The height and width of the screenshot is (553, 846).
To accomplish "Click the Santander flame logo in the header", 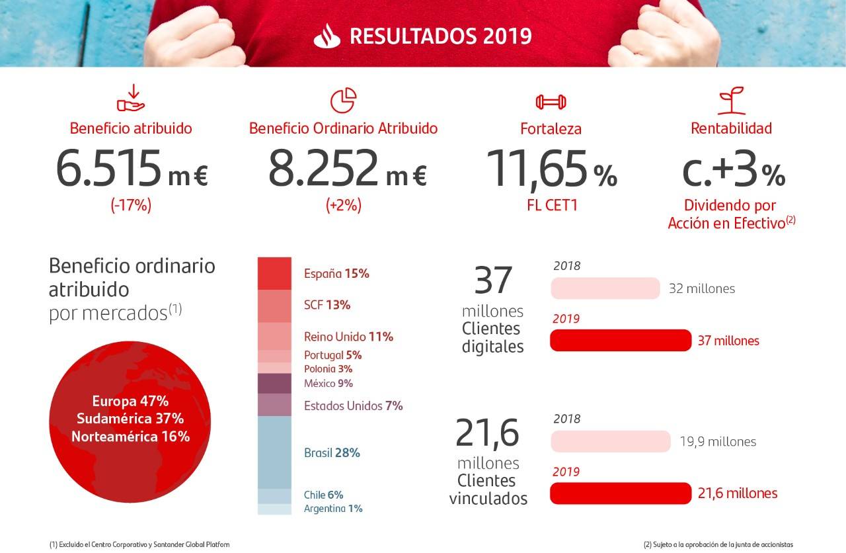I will tap(327, 36).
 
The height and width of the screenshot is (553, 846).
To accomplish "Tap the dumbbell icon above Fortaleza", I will tap(551, 102).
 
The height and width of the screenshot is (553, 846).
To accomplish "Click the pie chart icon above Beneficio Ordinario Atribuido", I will tap(343, 101).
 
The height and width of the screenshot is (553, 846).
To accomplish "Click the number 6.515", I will tap(108, 168).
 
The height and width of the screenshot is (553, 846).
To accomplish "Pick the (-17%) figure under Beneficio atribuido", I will tap(131, 206).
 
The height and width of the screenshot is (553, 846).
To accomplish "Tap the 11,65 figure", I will tap(536, 168).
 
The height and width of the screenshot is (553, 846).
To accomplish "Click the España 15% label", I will tap(336, 273).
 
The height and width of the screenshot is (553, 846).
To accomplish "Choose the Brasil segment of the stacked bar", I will tap(274, 452).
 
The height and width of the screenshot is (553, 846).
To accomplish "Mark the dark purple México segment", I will tap(274, 384).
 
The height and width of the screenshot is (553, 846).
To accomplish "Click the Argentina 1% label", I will tap(333, 509).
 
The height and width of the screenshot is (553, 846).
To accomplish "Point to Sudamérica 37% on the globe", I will tap(130, 419).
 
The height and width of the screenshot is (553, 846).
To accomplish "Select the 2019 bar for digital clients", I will tap(621, 341).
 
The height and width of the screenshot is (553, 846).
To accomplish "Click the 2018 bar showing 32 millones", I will tap(605, 288).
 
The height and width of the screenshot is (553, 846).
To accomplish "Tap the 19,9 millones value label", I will tap(718, 441).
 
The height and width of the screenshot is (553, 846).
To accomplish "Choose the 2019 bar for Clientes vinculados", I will tap(620, 493).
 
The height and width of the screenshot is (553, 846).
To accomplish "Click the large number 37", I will tap(493, 280).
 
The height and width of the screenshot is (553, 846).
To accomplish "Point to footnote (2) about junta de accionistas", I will tap(718, 544).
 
